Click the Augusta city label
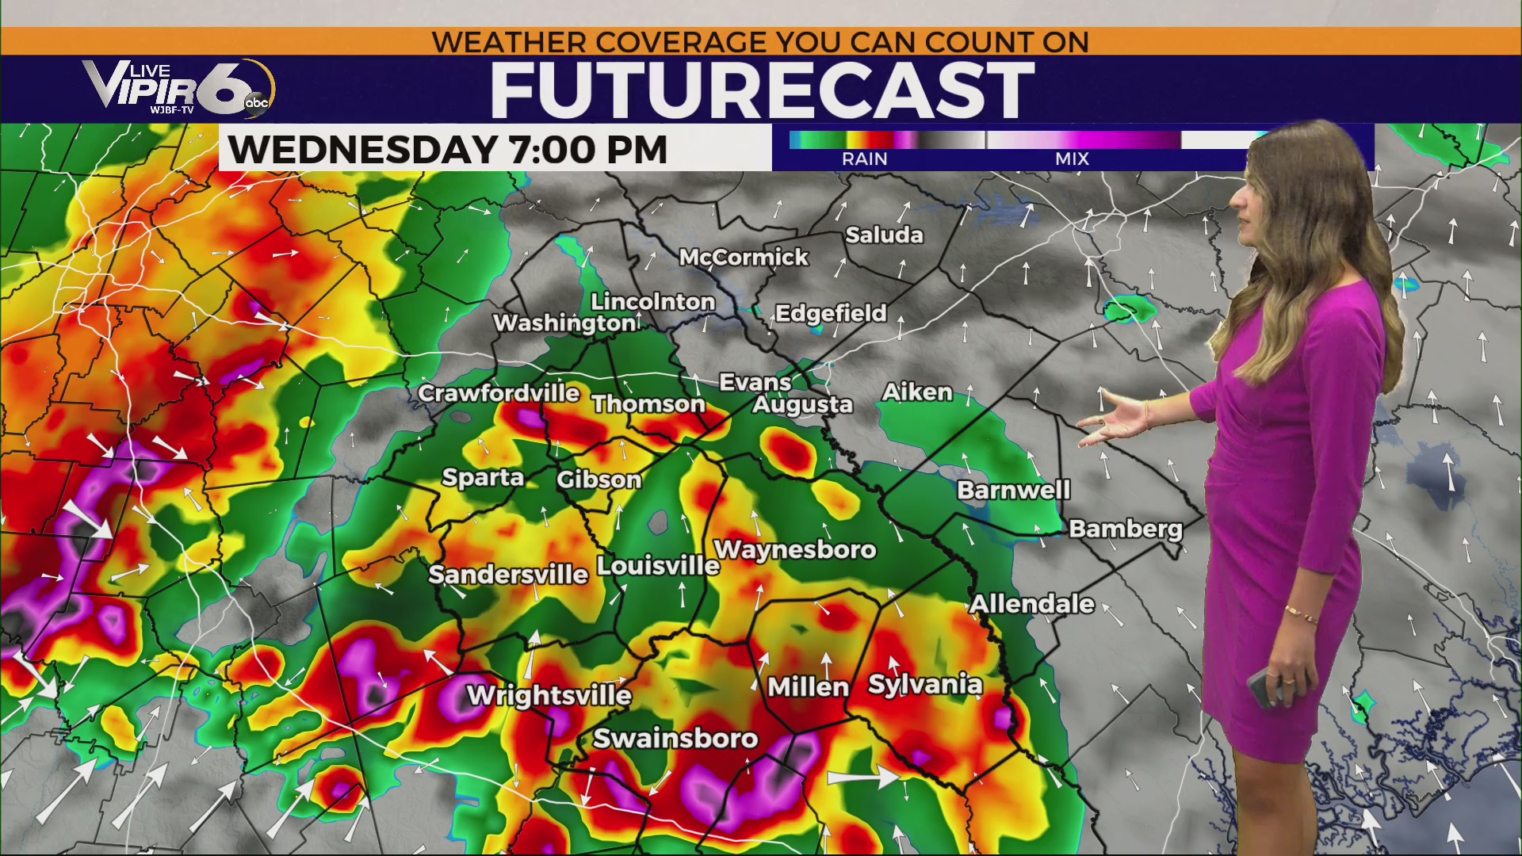point(802,405)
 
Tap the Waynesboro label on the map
point(795,549)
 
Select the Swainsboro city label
point(675,739)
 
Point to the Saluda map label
point(884,235)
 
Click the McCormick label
point(744,258)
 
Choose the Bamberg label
point(1125,529)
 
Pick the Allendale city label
point(1031,604)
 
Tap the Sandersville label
point(508,574)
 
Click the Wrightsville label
point(549,696)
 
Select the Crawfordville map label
point(499,393)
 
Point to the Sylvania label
point(925,685)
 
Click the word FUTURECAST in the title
point(762,90)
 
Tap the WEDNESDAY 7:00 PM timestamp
point(448,150)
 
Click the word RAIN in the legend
point(864,159)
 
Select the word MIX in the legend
point(1072,159)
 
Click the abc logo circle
point(257,101)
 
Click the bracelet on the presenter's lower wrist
point(1301,614)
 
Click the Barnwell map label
point(1013,491)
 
